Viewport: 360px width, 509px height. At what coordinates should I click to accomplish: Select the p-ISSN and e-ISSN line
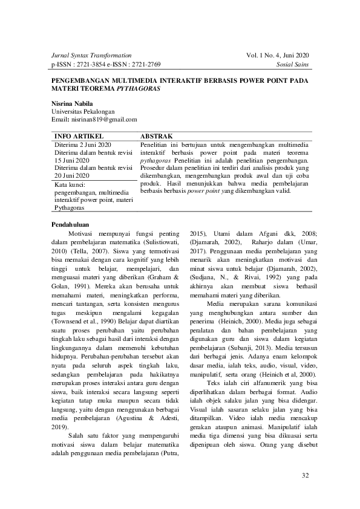coord(106,64)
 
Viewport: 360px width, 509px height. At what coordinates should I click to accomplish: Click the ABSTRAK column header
coord(157,137)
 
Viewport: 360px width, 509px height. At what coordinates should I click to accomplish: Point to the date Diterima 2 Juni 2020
coord(82,146)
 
